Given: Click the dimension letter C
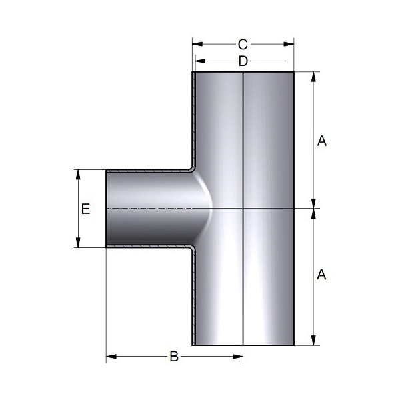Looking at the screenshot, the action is pyautogui.click(x=243, y=45).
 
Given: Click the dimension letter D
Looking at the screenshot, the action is pyautogui.click(x=243, y=61).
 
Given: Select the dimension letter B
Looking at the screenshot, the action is pyautogui.click(x=174, y=357).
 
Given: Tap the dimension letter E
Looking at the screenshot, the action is pyautogui.click(x=86, y=209).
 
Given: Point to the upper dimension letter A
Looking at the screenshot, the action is pyautogui.click(x=322, y=141).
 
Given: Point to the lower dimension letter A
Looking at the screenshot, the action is pyautogui.click(x=321, y=275).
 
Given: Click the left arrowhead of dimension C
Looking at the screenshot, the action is pyautogui.click(x=197, y=44).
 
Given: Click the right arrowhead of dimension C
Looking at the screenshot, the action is pyautogui.click(x=289, y=44).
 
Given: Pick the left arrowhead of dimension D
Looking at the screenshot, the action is pyautogui.click(x=200, y=61).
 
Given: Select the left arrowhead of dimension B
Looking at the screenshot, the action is pyautogui.click(x=111, y=357).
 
